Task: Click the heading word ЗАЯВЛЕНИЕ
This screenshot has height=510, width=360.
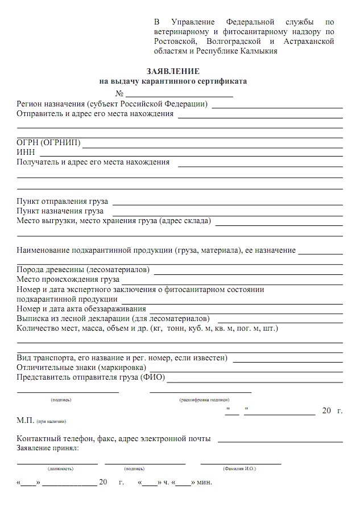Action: point(173,72)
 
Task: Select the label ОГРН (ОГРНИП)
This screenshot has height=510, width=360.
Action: point(49,142)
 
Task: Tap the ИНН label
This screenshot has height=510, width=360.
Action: point(26,152)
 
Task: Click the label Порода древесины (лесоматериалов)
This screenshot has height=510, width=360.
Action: point(83,269)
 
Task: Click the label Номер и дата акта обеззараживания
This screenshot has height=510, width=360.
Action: point(81,309)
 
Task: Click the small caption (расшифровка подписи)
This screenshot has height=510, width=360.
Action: point(200,400)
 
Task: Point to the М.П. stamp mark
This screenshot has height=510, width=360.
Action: point(26,421)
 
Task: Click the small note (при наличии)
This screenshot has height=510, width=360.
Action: point(52,422)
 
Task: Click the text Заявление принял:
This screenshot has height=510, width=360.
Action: point(48,449)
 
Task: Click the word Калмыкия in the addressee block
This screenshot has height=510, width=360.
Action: point(258,51)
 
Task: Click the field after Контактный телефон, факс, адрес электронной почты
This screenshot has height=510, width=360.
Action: point(280,439)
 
